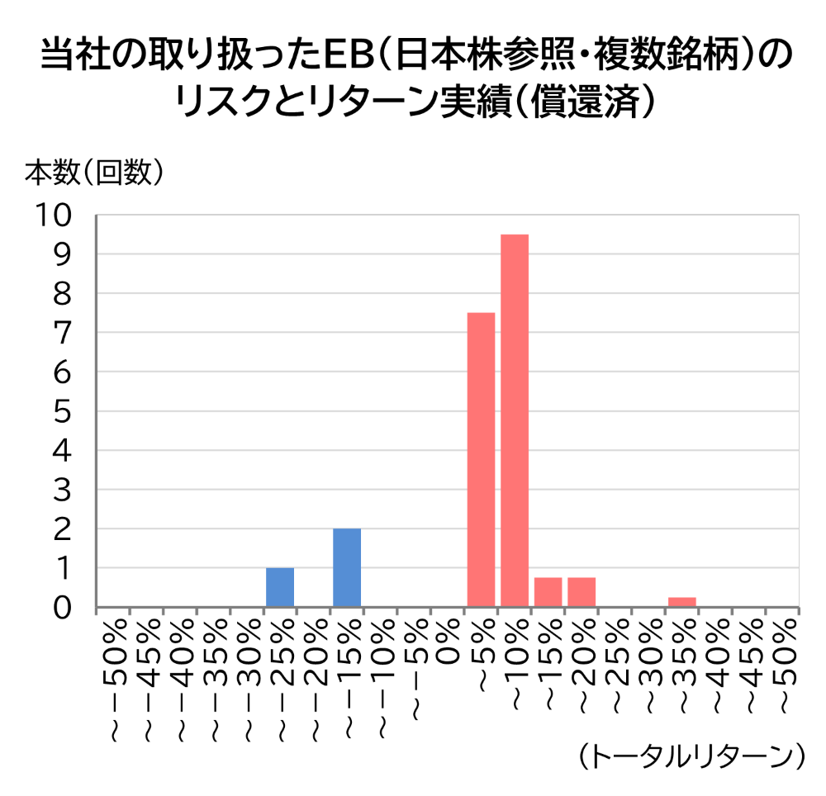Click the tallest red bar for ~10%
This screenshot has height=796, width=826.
click(x=515, y=421)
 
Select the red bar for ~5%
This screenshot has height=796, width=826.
click(x=481, y=460)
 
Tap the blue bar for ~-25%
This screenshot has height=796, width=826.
click(x=280, y=587)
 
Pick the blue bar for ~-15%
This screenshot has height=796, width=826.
click(x=347, y=567)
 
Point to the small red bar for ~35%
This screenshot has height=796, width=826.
click(x=682, y=602)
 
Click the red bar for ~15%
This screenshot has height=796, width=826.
click(x=548, y=592)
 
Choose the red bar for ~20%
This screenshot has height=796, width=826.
click(x=582, y=592)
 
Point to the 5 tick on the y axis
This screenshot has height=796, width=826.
click(x=63, y=411)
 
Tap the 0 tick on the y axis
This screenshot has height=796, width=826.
click(x=63, y=608)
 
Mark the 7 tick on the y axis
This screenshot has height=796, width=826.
click(x=63, y=333)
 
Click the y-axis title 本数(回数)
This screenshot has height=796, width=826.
click(x=93, y=171)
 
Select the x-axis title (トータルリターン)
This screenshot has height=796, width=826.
click(x=691, y=756)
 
